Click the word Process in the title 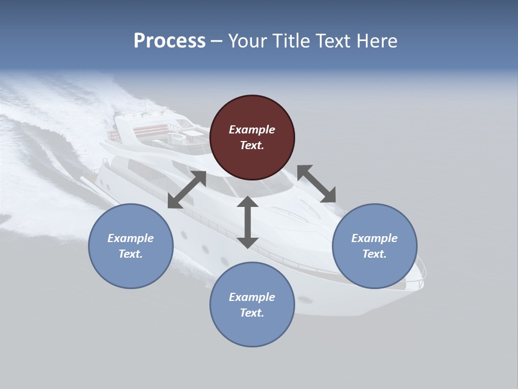(169, 41)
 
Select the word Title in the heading (292, 41)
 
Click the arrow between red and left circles (187, 190)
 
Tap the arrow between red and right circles (317, 184)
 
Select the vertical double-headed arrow (248, 222)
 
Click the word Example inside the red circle (252, 130)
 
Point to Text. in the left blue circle (131, 254)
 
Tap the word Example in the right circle (374, 238)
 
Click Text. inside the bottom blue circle (252, 313)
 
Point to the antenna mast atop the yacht (144, 105)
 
